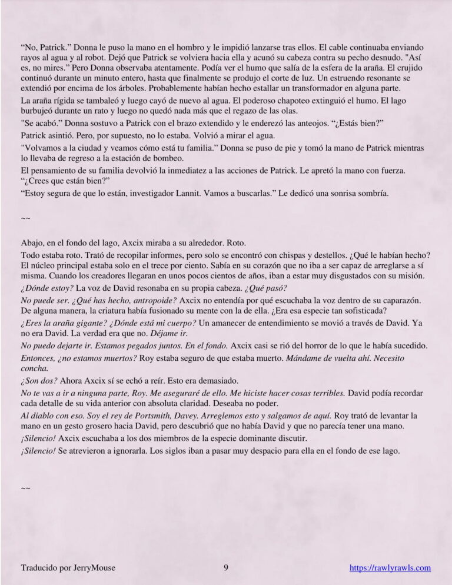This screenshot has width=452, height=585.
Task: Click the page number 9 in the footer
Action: (226, 568)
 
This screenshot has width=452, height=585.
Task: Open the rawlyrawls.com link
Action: (390, 568)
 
